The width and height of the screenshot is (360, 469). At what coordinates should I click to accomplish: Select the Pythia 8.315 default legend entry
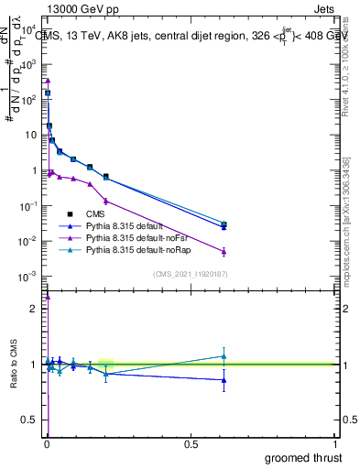pos(124,225)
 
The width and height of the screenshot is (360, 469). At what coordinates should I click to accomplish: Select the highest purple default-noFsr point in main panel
pos(48,81)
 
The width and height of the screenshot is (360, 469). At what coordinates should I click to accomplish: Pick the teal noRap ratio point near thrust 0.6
pos(224,356)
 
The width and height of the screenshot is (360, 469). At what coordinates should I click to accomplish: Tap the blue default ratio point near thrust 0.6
pos(224,379)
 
